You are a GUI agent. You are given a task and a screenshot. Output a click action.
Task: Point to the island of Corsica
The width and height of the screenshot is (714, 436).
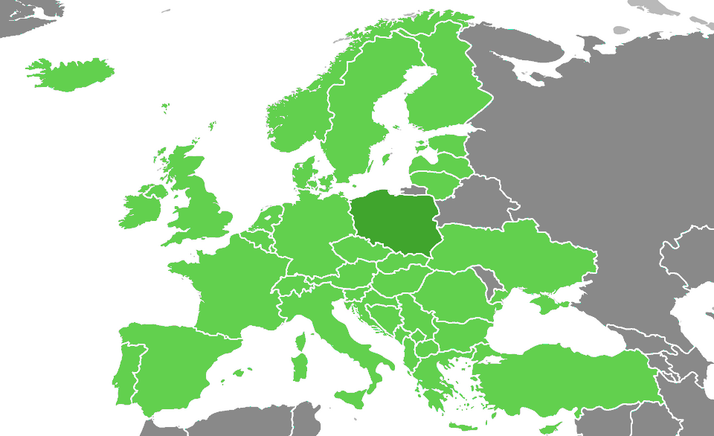pos(301,342)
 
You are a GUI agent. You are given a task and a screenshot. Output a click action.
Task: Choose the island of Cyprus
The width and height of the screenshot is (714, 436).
pos(550,429)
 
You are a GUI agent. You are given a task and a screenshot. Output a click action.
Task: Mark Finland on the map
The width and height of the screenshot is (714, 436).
pos(446,89)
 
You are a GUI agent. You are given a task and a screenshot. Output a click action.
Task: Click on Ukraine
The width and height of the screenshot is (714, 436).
pos(521,253)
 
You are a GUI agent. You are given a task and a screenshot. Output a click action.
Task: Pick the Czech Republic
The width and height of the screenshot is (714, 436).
pos(357,250)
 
